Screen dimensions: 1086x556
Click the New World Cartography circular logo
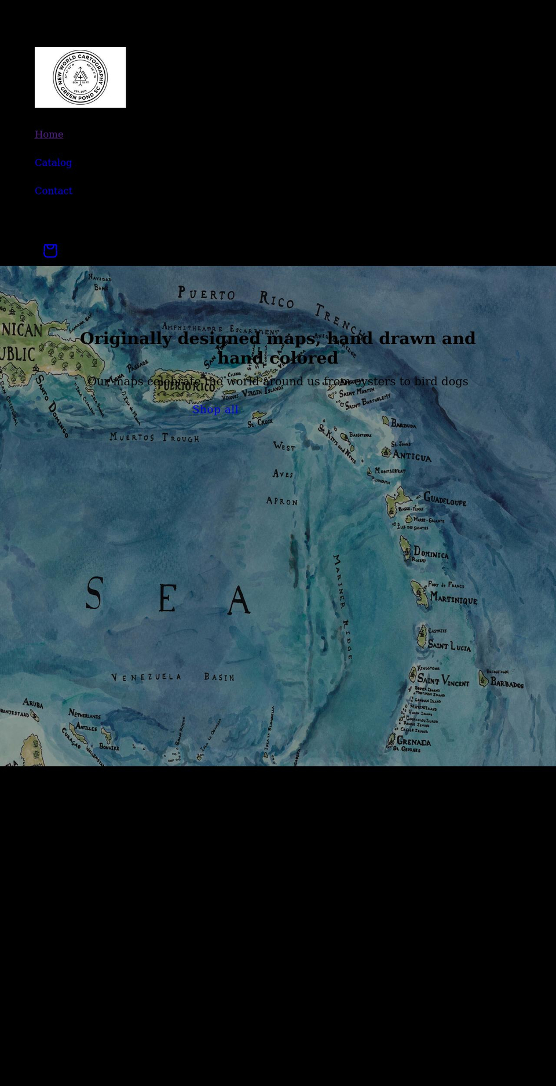(80, 77)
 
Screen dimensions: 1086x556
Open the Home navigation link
(49, 134)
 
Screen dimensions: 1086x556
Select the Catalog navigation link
(53, 163)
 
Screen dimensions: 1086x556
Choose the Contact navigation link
(53, 191)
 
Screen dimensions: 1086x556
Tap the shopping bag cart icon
(50, 251)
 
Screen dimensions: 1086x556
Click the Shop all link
(215, 409)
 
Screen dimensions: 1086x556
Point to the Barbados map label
(507, 683)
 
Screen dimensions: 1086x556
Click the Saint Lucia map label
(449, 645)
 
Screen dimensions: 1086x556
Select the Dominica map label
(431, 554)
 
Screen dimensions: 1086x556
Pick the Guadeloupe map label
(445, 499)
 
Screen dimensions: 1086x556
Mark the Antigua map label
(412, 456)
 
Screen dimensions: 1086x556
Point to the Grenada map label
(414, 741)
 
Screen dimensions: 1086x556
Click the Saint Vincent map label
(443, 681)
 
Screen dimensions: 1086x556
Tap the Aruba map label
(33, 703)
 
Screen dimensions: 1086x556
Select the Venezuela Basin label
(173, 677)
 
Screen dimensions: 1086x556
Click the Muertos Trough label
(155, 437)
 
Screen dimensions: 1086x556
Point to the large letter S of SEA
(94, 594)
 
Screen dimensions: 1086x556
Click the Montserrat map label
(390, 471)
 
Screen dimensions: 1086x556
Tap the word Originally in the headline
(126, 338)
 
